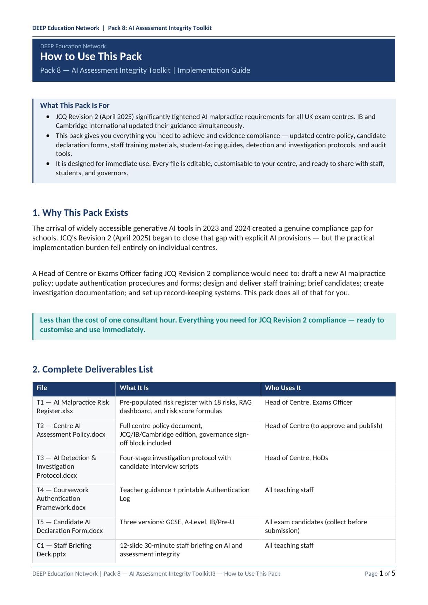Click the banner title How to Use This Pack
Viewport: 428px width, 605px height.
click(91, 57)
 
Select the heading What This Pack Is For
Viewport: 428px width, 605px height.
click(74, 106)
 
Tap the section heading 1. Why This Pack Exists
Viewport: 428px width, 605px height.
click(80, 213)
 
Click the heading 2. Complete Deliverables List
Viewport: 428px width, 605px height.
click(92, 369)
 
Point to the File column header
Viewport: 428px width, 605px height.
click(42, 388)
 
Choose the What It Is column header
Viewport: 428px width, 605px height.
click(134, 388)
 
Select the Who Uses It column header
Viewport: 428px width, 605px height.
click(283, 388)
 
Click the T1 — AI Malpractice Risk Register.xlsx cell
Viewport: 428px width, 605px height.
click(73, 407)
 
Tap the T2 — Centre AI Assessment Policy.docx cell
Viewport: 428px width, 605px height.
click(71, 430)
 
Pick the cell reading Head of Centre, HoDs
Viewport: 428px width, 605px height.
click(296, 458)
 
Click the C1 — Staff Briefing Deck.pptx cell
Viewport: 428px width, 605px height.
click(64, 550)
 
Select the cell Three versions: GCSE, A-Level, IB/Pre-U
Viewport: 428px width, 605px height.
click(177, 522)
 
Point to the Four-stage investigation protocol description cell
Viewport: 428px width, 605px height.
click(175, 462)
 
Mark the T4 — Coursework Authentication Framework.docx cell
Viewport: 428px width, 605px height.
click(62, 499)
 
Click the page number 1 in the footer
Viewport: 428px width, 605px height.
click(381, 573)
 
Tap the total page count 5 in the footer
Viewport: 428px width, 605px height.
click(393, 573)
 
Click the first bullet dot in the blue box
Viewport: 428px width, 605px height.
click(48, 117)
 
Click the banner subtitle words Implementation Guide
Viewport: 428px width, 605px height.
click(214, 70)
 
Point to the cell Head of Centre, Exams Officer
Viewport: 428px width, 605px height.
click(309, 403)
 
